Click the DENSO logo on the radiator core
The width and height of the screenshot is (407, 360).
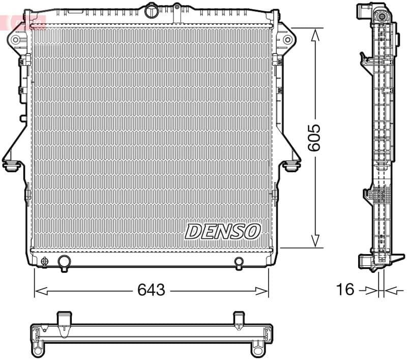222,231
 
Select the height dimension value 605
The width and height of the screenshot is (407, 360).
315,137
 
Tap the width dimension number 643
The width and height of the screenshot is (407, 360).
151,290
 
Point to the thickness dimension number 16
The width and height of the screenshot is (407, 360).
345,290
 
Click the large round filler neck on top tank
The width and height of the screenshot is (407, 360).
152,11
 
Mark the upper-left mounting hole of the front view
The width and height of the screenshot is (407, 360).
16,39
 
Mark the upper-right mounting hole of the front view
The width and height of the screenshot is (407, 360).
287,39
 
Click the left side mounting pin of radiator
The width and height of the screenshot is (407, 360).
10,165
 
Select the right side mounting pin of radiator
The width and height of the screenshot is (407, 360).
292,165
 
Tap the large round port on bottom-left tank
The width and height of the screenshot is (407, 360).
64,262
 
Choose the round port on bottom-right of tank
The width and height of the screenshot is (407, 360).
239,262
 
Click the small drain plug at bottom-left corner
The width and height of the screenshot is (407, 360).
45,262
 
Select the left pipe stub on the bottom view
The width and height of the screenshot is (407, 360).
64,320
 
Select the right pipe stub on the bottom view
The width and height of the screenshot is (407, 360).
239,320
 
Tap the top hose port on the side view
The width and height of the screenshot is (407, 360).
364,10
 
